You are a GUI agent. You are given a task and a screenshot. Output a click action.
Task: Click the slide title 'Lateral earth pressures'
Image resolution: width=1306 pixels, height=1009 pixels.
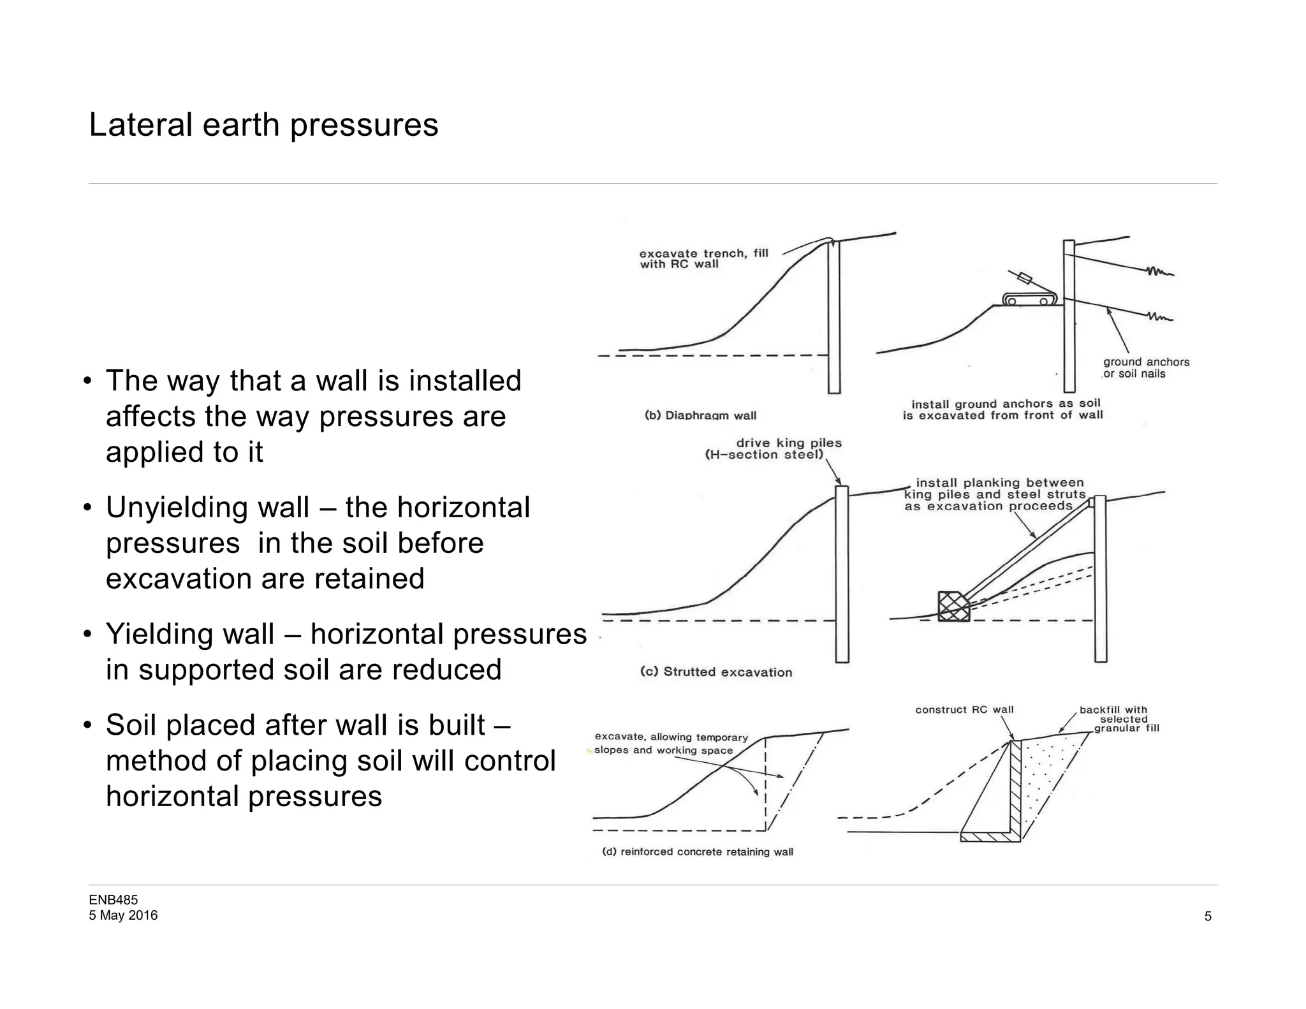(263, 124)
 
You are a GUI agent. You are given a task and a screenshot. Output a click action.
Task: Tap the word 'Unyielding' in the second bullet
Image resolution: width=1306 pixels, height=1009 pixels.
(207, 508)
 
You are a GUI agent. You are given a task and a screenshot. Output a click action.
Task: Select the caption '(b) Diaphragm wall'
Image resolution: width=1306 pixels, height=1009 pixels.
(700, 416)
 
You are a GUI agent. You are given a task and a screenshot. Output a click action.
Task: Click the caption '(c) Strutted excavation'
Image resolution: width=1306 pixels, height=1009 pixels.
(716, 672)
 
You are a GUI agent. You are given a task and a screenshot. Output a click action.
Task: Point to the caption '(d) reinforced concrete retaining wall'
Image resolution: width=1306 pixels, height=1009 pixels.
(698, 852)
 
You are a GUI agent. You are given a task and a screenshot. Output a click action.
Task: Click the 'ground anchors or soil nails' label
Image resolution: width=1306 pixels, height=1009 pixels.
(1146, 368)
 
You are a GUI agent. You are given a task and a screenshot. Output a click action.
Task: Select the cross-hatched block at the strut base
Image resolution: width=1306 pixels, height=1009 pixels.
(953, 606)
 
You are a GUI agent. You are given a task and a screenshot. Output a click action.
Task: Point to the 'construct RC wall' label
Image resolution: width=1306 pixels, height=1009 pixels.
(964, 710)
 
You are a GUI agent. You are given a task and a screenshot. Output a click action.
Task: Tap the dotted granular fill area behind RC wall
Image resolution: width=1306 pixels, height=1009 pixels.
(1046, 778)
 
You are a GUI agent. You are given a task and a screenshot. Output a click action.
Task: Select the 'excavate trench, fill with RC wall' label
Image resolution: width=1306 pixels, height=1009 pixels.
(704, 258)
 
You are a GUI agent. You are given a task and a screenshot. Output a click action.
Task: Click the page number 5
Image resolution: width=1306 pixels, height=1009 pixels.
(1208, 917)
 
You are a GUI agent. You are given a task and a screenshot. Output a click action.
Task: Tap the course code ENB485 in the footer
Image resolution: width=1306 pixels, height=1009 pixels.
(113, 900)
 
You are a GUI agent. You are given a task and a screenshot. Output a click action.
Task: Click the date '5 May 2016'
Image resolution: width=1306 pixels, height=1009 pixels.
(123, 915)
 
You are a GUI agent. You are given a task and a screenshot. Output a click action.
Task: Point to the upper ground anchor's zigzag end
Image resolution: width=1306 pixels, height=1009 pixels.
(1161, 272)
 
